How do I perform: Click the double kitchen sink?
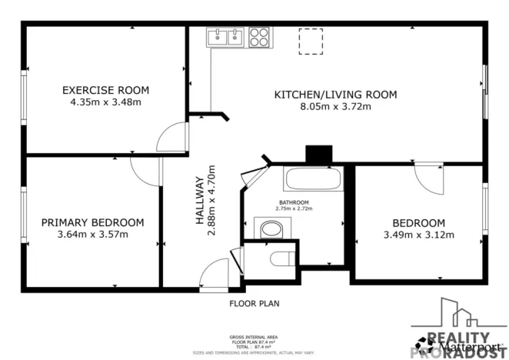pyautogui.click(x=225, y=36)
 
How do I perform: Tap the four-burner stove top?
pyautogui.click(x=258, y=36)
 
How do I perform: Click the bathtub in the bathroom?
pyautogui.click(x=313, y=179)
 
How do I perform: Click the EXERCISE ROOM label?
pyautogui.click(x=105, y=90)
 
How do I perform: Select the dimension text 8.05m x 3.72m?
pyautogui.click(x=336, y=108)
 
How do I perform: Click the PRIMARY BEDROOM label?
pyautogui.click(x=92, y=222)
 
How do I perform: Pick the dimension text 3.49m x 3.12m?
pyautogui.click(x=419, y=235)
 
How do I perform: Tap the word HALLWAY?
pyautogui.click(x=198, y=202)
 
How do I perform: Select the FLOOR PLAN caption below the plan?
pyautogui.click(x=254, y=304)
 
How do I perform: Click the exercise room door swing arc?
pyautogui.click(x=171, y=137)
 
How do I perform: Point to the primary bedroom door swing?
pyautogui.click(x=144, y=171)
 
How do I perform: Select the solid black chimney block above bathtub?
pyautogui.click(x=317, y=155)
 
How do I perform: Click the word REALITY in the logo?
pyautogui.click(x=458, y=337)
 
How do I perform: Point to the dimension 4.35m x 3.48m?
pyautogui.click(x=105, y=102)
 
